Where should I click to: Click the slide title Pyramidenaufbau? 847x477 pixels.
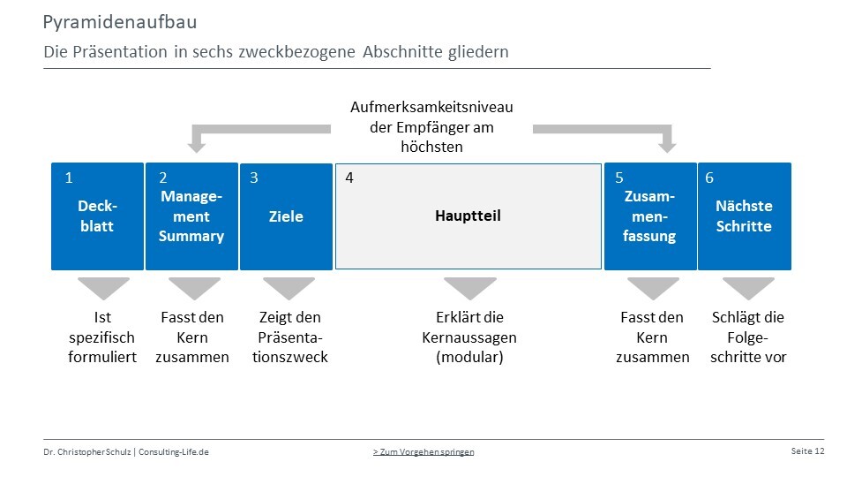[x=120, y=22]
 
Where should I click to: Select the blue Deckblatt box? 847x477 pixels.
[x=97, y=216]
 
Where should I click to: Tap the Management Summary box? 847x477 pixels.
[x=191, y=216]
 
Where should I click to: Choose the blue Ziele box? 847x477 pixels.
[x=286, y=216]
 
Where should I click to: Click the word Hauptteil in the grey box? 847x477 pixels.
[x=468, y=216]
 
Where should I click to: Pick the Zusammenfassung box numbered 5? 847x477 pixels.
[x=650, y=216]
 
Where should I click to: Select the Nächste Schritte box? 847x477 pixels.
[x=745, y=216]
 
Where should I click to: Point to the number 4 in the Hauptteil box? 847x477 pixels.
[x=349, y=178]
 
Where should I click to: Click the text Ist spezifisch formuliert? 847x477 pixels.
[x=102, y=337]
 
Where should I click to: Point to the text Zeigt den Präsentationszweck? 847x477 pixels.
[x=290, y=337]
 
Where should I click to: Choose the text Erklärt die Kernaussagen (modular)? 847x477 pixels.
[x=469, y=337]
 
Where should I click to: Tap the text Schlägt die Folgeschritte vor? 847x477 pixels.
[x=748, y=337]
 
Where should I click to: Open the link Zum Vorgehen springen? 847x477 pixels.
[x=423, y=451]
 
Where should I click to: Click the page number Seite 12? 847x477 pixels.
[x=807, y=451]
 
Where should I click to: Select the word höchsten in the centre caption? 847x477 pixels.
[x=431, y=147]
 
